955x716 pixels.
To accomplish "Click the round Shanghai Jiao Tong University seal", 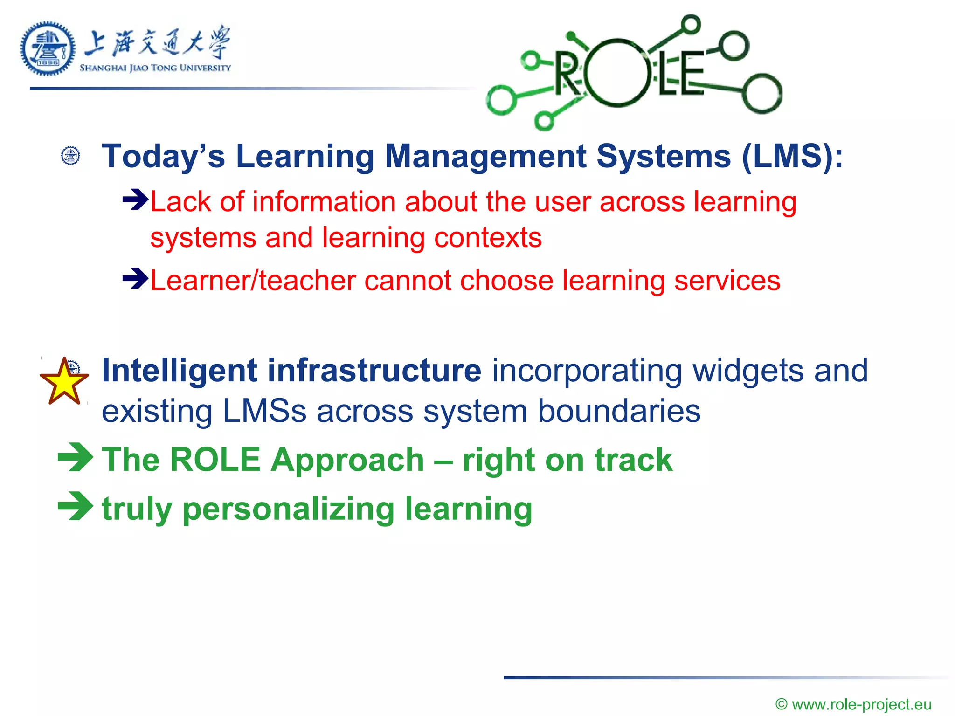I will pos(48,48).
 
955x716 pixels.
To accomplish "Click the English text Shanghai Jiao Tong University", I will pos(155,68).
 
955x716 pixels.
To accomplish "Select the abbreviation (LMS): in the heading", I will pos(792,157).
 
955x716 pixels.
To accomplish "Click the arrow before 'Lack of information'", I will pos(135,200).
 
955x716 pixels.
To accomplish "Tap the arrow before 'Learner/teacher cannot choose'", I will pos(135,279).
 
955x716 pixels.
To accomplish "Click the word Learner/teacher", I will pos(252,281).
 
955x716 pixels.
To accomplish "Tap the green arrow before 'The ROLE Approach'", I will pos(76,457).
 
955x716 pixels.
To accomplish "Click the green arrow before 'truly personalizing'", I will pos(76,506).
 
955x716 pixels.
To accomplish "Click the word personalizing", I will pos(289,509).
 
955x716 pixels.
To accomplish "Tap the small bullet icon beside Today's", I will pos(71,156).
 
